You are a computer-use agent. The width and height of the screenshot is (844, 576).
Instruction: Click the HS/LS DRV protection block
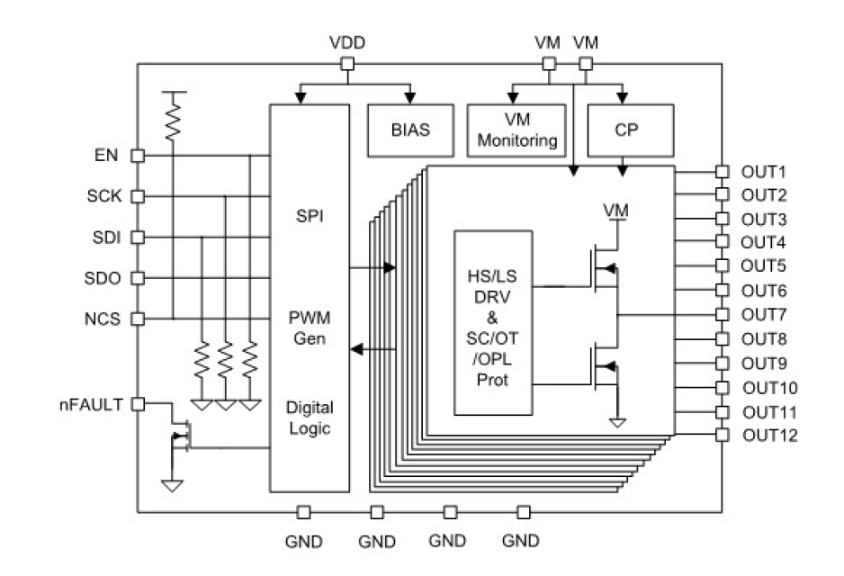[x=494, y=322]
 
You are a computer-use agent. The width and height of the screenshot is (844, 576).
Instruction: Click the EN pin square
[x=138, y=156]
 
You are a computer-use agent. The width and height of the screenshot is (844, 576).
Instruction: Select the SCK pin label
[x=102, y=196]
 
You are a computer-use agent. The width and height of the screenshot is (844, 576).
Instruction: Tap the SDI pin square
[x=138, y=237]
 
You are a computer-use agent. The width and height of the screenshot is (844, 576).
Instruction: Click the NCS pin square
[x=138, y=318]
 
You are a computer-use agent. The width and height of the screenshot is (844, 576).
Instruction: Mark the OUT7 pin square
[x=722, y=315]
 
